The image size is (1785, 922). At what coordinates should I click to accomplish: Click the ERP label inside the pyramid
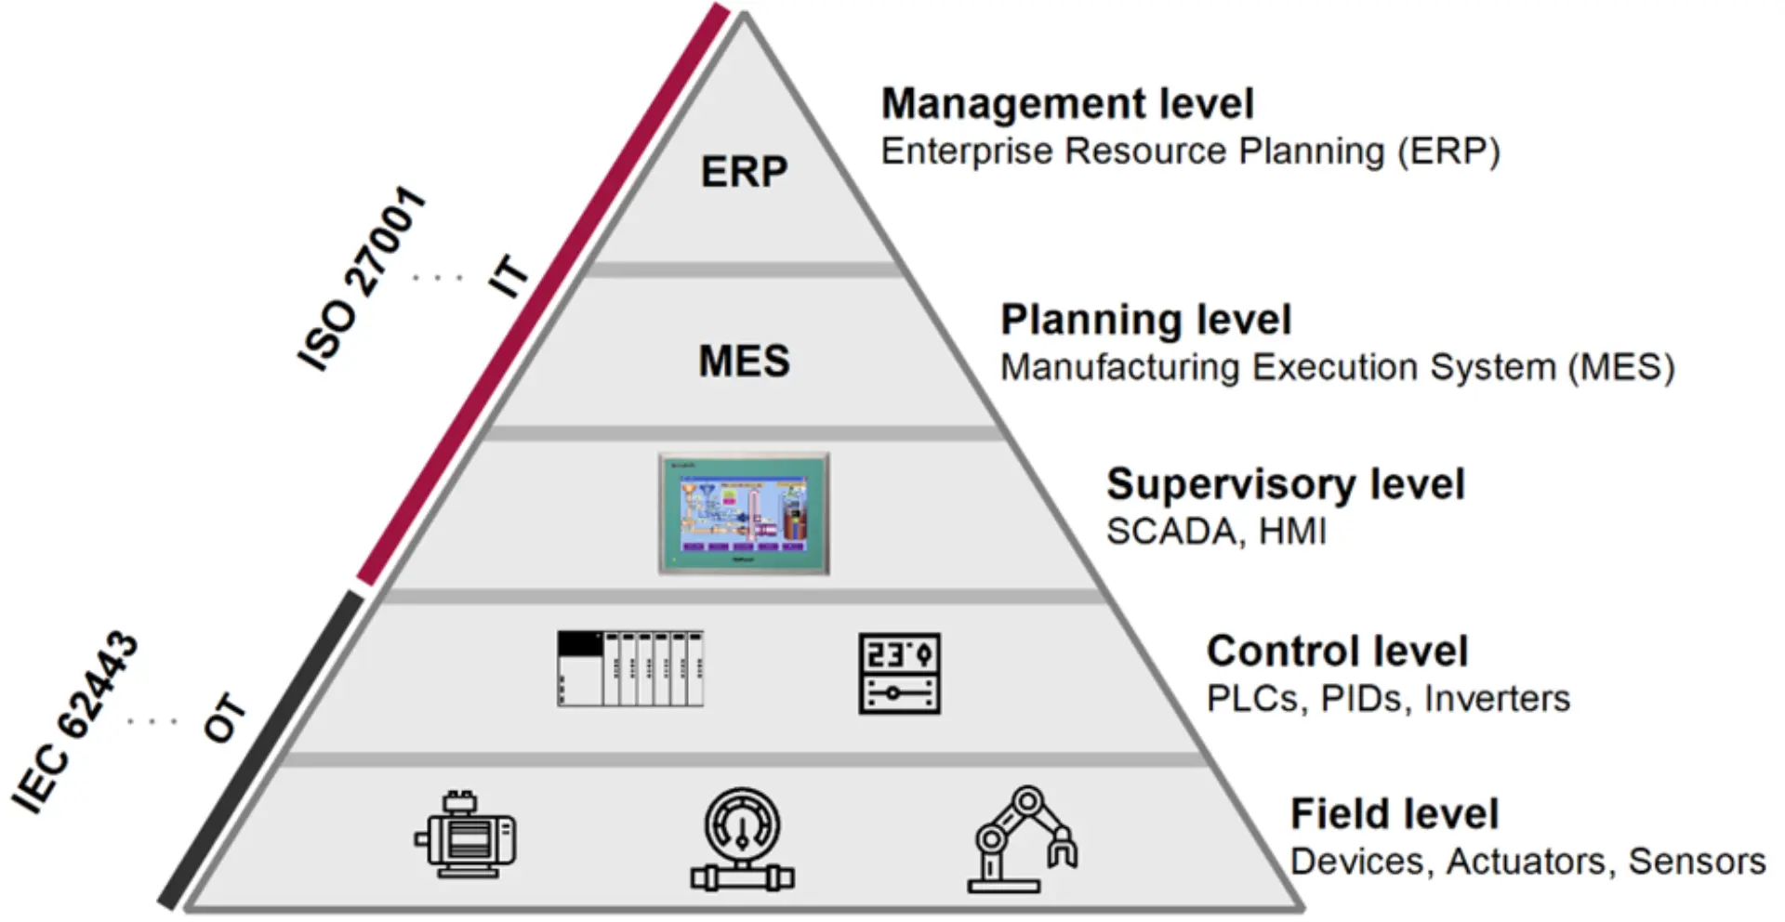click(x=744, y=172)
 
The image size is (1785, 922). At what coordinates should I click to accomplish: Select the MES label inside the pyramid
click(x=744, y=361)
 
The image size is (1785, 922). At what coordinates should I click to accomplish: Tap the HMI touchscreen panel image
click(x=744, y=513)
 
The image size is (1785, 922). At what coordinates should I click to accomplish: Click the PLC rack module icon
click(x=630, y=668)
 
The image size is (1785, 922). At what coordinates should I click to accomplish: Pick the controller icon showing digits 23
click(x=899, y=674)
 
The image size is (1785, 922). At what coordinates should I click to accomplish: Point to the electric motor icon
click(x=466, y=835)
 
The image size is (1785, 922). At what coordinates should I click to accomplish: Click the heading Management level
click(x=1067, y=103)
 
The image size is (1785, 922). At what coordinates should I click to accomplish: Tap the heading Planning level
click(x=1145, y=320)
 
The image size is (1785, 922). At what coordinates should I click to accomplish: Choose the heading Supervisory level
click(x=1285, y=484)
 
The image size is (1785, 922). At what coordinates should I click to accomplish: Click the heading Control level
click(x=1337, y=651)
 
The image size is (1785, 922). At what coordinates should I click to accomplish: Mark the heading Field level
click(x=1394, y=814)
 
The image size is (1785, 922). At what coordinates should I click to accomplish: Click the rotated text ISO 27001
click(x=363, y=278)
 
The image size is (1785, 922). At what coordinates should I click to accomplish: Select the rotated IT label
click(x=509, y=276)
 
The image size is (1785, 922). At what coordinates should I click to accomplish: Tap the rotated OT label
click(x=225, y=718)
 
